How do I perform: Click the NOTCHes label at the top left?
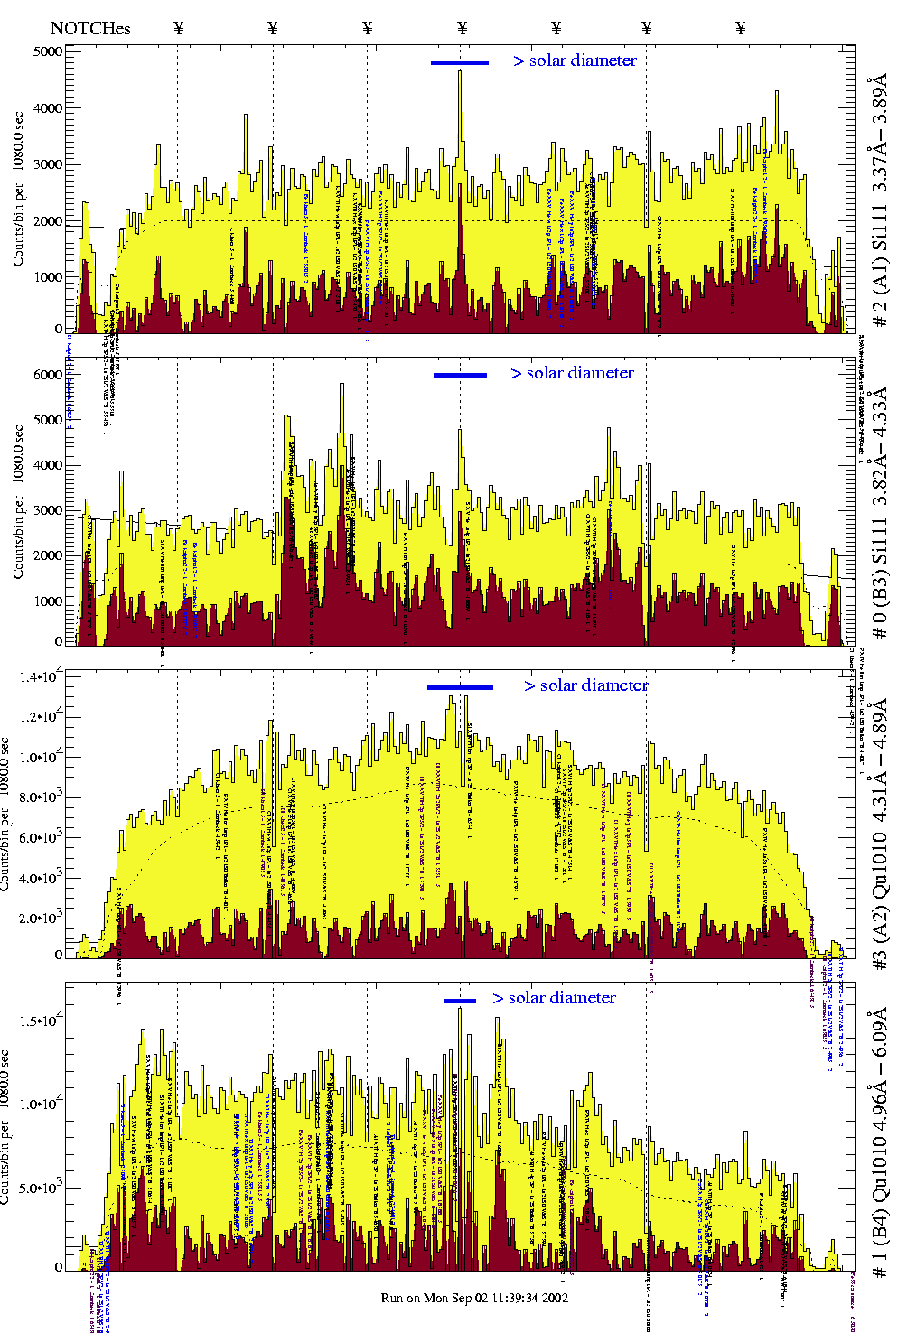click(x=90, y=28)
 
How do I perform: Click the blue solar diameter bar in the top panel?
click(x=460, y=62)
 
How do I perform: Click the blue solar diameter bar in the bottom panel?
click(x=460, y=1001)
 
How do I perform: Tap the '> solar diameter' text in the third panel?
click(x=586, y=685)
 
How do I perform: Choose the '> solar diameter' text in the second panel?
click(x=573, y=373)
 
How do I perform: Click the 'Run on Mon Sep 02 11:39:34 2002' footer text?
click(x=474, y=1298)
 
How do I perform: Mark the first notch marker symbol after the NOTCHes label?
click(x=178, y=28)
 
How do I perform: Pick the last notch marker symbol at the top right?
click(x=741, y=28)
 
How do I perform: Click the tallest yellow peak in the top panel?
click(x=460, y=72)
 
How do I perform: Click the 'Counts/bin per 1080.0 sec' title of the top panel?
click(x=19, y=190)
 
